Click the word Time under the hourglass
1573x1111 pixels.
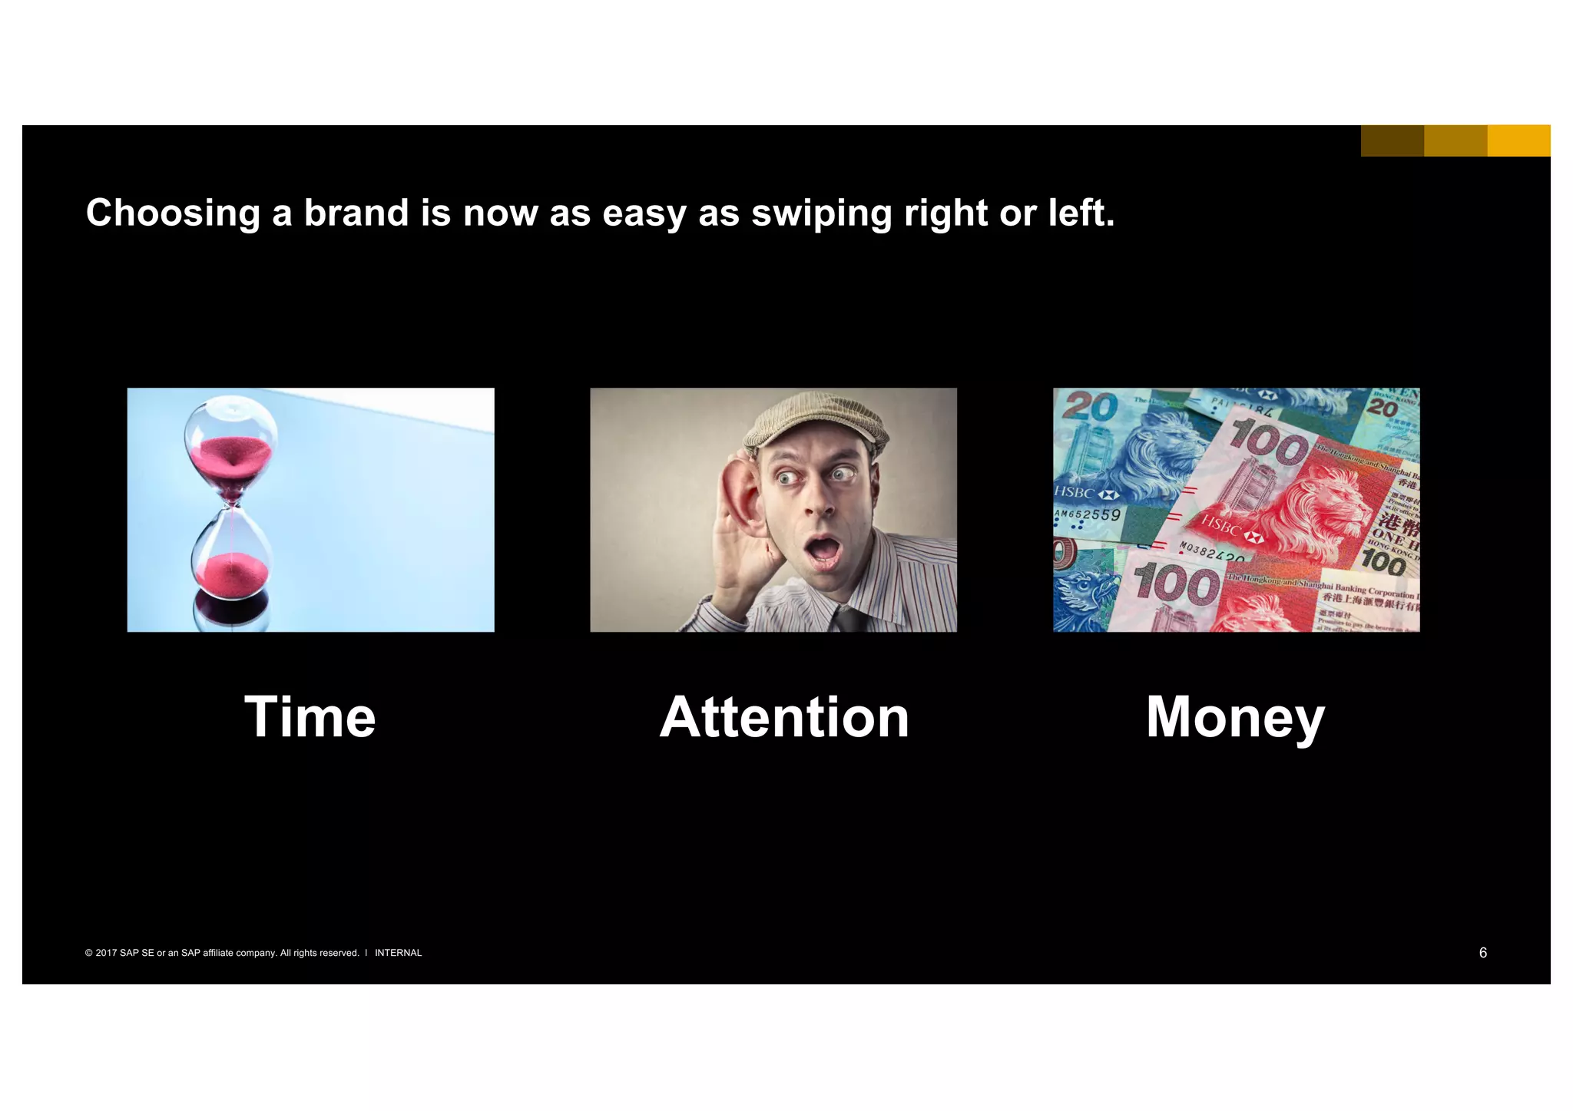click(x=310, y=717)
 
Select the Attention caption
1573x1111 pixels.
click(x=784, y=717)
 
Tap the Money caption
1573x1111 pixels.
click(x=1235, y=717)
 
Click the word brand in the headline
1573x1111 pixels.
click(x=356, y=213)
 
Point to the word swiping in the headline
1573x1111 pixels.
click(x=821, y=214)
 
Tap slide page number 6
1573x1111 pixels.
click(x=1482, y=952)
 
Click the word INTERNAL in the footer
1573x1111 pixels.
click(x=398, y=953)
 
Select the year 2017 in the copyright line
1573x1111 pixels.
click(x=106, y=953)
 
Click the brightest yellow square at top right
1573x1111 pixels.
click(x=1518, y=141)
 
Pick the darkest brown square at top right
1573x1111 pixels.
click(x=1392, y=141)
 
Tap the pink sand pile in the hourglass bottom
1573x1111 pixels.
click(x=230, y=572)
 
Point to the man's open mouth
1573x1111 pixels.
click(x=823, y=551)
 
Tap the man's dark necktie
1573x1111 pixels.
click(x=849, y=619)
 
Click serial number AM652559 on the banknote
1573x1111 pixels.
click(x=1087, y=515)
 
